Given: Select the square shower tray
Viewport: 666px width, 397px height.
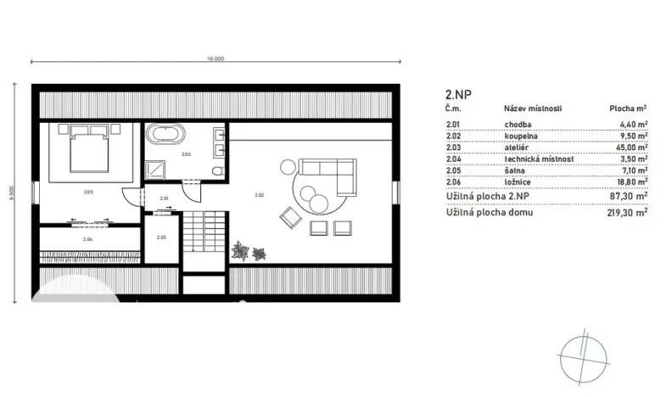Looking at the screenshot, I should coord(155,168).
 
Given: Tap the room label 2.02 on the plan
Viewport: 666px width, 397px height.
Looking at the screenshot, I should coord(259,195).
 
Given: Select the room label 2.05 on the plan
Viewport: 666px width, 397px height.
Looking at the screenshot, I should coord(88,193).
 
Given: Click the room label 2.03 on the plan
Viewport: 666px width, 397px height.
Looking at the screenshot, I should coord(160,238).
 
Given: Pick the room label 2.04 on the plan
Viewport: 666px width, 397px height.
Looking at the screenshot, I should coord(88,240).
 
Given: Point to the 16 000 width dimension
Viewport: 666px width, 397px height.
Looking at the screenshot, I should coord(215,59).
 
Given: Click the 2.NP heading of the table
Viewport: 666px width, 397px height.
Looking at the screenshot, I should coord(458,96).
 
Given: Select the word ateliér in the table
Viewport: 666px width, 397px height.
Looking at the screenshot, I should coord(517,147).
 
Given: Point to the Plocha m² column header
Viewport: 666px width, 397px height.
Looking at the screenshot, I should coord(628,109).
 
